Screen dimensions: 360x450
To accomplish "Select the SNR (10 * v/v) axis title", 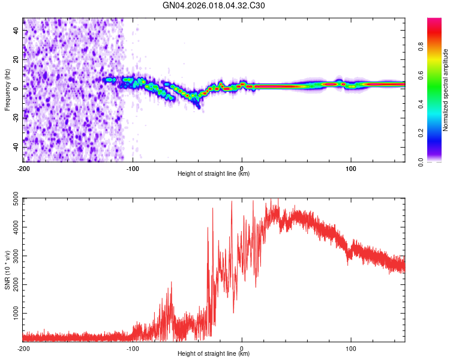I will [7, 269].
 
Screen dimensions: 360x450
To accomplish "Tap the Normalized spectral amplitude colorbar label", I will [445, 90].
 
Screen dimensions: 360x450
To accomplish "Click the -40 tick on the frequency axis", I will [16, 146].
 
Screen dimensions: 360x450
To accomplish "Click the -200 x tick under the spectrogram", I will [23, 167].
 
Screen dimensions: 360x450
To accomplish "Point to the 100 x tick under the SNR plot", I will [351, 347].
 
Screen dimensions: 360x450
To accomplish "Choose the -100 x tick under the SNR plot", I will [133, 347].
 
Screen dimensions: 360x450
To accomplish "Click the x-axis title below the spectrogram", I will [214, 174].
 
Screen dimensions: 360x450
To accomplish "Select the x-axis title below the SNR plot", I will [214, 354].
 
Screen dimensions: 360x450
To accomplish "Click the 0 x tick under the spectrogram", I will [242, 167].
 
